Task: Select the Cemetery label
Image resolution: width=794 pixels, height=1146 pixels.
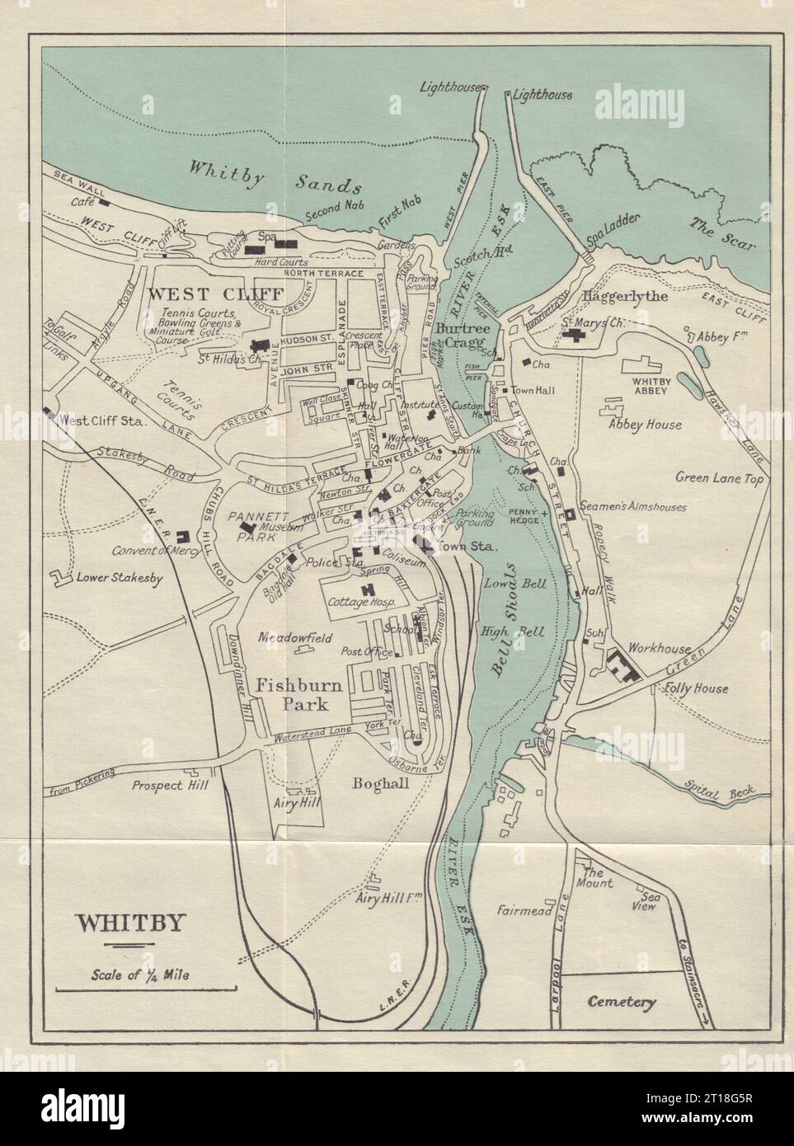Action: [622, 1003]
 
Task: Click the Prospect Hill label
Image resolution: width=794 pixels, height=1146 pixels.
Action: [170, 785]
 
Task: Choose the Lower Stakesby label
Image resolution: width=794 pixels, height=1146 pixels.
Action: [120, 577]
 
